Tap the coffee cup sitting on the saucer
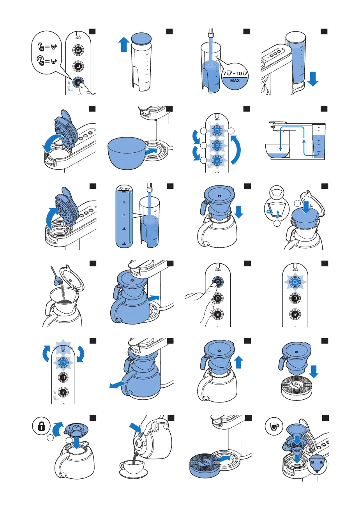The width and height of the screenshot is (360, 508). click(132, 466)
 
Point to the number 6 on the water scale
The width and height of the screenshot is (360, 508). click(124, 202)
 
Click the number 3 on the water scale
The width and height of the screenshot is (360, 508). click(124, 243)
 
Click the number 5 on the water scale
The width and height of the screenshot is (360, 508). click(124, 215)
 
